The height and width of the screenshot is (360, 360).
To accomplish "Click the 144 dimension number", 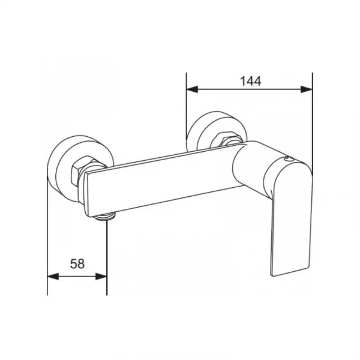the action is (250, 81).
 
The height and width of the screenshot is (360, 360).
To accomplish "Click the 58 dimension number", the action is (77, 264).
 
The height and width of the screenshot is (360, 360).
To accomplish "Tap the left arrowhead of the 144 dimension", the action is (192, 89).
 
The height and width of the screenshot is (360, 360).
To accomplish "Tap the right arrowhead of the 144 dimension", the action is (307, 89).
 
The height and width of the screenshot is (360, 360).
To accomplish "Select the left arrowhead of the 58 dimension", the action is (53, 277).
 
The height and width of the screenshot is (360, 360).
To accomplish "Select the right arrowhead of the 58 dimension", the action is (101, 277).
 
